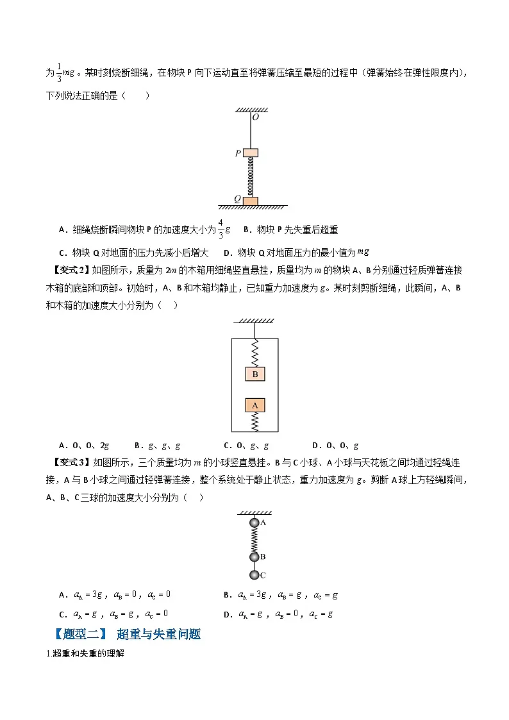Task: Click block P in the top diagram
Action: click(x=251, y=153)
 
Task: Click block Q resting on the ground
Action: click(x=251, y=201)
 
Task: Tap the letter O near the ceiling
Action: click(x=255, y=117)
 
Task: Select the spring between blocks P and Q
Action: click(x=251, y=176)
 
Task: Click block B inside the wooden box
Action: click(x=254, y=374)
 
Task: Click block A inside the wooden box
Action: click(x=254, y=405)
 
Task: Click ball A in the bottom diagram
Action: click(x=254, y=523)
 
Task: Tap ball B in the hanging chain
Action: click(x=254, y=557)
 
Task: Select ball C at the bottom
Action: click(x=254, y=574)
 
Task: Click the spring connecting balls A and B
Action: click(x=254, y=540)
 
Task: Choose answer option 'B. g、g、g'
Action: click(x=158, y=446)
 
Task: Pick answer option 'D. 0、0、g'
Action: click(x=335, y=446)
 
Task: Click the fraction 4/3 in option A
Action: click(x=221, y=230)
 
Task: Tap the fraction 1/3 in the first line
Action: click(x=60, y=73)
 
